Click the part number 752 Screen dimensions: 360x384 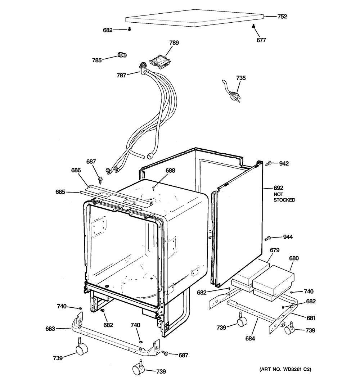(282, 17)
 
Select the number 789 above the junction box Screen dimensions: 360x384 (174, 42)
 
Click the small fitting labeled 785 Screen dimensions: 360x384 (122, 55)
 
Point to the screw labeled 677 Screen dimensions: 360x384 (253, 26)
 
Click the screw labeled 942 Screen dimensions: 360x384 (269, 162)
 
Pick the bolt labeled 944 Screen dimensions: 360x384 (267, 238)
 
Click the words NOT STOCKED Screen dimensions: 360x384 (284, 197)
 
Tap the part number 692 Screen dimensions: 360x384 (278, 188)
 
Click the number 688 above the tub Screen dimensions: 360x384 (170, 171)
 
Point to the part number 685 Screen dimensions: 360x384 (60, 192)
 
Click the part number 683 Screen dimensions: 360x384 (50, 329)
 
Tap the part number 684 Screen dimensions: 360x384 (250, 338)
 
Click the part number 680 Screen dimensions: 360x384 (294, 258)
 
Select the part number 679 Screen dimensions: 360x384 (275, 250)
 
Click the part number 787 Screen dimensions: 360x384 (121, 76)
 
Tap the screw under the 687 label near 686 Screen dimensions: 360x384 (100, 181)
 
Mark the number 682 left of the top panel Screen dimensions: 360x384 (108, 30)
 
